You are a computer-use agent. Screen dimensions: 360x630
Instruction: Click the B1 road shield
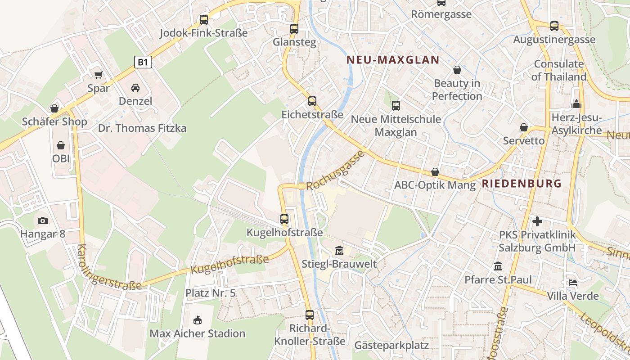coord(143,62)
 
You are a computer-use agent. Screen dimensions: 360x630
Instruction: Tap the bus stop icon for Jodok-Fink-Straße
coord(204,19)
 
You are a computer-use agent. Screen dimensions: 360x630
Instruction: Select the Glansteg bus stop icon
coord(294,28)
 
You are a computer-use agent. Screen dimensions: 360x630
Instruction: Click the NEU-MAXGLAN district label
coord(393,60)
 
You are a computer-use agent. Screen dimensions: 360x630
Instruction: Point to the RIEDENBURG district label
coord(522,183)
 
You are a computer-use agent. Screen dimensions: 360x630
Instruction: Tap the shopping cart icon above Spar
coord(98,75)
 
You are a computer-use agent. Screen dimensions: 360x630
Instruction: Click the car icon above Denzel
coord(135,87)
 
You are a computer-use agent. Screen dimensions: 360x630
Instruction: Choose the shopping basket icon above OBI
coord(61,145)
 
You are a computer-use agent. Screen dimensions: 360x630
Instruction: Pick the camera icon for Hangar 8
coord(43,220)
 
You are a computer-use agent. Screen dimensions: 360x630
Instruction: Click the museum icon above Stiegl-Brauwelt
coord(339,250)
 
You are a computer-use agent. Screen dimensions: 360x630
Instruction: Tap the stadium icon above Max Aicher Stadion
coord(197,320)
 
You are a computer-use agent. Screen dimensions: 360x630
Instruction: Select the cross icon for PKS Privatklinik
coord(537,221)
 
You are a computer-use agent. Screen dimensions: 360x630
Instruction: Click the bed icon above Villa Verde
coord(572,283)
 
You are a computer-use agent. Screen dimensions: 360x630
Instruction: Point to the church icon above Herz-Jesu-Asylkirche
coord(576,104)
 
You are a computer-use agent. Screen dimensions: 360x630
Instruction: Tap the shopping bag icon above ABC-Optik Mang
coord(435,172)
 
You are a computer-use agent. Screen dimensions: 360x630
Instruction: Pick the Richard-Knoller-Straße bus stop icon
coord(309,315)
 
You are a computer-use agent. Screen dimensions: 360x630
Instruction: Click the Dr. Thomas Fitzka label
coord(142,128)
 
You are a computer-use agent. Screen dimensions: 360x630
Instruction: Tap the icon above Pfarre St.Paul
coord(498,266)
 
